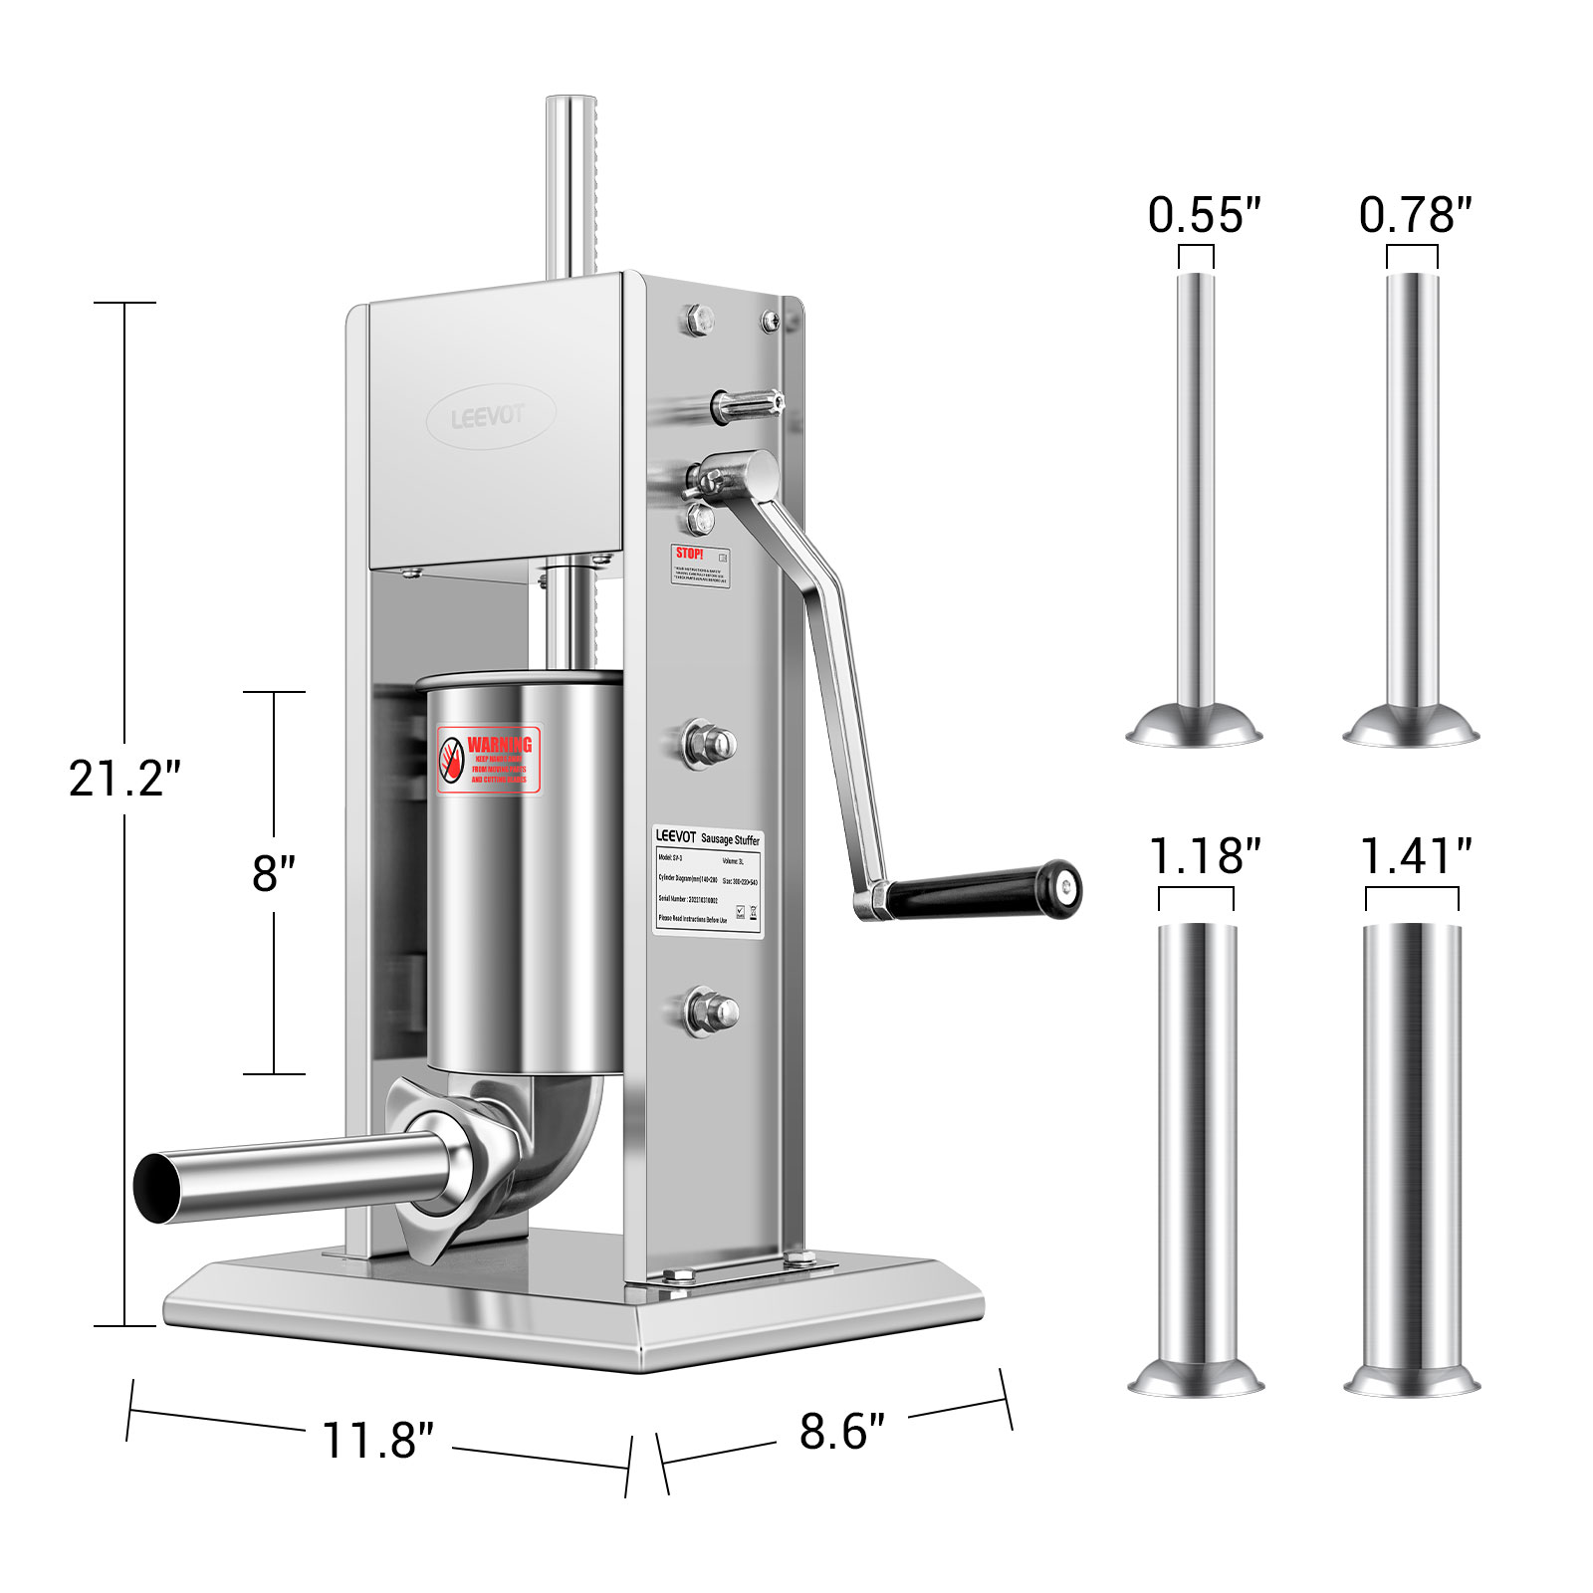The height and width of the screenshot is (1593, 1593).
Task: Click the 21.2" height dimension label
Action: point(123,779)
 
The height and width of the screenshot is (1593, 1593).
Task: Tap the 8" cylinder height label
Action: point(273,873)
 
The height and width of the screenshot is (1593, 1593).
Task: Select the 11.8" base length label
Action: point(377,1440)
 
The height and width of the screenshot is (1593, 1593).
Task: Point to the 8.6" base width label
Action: point(841,1432)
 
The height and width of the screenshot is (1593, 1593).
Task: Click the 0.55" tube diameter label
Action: point(1203,215)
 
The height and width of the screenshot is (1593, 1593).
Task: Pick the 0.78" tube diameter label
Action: point(1414,215)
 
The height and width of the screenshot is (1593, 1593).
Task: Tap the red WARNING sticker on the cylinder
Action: point(488,759)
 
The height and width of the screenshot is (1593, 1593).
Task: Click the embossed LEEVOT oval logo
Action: point(490,416)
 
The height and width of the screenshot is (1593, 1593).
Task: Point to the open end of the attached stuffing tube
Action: point(159,1188)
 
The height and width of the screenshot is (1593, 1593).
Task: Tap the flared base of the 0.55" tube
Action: point(1194,727)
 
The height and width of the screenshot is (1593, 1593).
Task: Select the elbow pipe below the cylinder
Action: point(558,1135)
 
